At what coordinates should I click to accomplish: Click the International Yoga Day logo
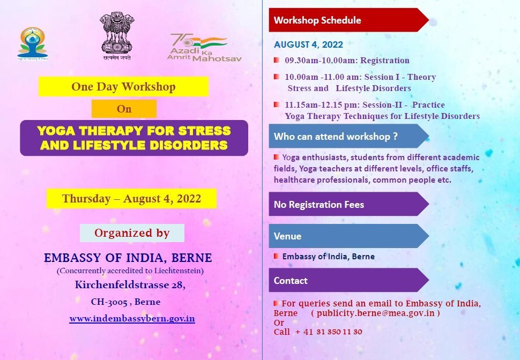[x=32, y=44]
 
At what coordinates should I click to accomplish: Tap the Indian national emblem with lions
[x=117, y=36]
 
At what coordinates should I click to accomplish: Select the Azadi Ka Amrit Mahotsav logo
[x=204, y=48]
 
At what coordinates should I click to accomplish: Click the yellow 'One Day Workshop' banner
[x=123, y=87]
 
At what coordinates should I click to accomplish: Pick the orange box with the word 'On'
[x=124, y=109]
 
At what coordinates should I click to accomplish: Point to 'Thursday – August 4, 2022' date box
[x=131, y=199]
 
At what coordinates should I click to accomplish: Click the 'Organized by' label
[x=132, y=232]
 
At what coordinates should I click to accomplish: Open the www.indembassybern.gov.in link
[x=132, y=319]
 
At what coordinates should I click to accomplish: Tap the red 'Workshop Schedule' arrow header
[x=349, y=20]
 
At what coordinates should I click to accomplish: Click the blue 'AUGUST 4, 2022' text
[x=308, y=44]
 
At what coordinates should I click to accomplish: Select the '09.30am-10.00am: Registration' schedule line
[x=347, y=61]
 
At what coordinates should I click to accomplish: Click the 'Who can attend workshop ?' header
[x=349, y=136]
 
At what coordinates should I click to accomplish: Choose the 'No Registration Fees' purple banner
[x=349, y=204]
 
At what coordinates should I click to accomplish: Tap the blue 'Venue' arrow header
[x=349, y=236]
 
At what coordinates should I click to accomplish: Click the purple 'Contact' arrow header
[x=349, y=280]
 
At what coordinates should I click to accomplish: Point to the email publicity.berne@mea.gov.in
[x=375, y=313]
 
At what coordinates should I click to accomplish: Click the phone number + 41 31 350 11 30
[x=328, y=332]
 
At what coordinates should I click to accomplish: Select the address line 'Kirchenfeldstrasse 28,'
[x=130, y=285]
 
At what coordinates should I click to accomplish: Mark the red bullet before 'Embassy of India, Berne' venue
[x=276, y=256]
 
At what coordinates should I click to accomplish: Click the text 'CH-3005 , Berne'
[x=125, y=302]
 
